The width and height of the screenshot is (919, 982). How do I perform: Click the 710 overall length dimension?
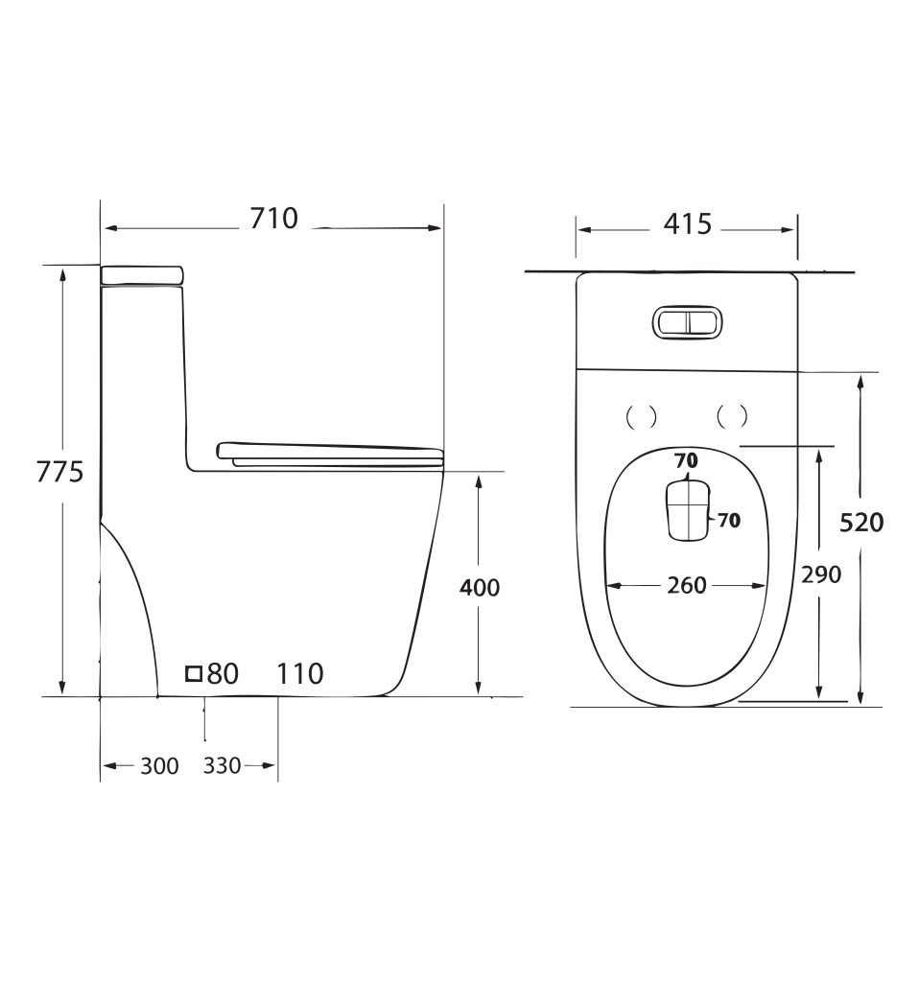click(273, 219)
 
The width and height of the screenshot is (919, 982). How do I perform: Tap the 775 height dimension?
click(59, 472)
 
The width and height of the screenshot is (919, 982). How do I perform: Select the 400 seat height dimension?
click(480, 588)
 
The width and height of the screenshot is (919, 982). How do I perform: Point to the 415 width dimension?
click(687, 224)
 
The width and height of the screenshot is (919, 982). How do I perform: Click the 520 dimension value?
click(861, 522)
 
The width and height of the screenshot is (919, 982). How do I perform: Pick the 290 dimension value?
click(821, 573)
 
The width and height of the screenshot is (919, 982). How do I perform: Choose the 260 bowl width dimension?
click(687, 586)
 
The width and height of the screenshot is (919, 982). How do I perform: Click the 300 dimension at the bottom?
click(159, 766)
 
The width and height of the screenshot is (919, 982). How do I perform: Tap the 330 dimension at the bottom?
click(222, 765)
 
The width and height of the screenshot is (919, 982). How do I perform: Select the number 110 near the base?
click(300, 674)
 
